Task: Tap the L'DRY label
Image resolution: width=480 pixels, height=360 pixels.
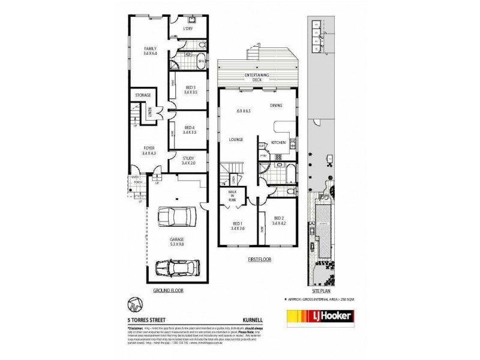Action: [188, 28]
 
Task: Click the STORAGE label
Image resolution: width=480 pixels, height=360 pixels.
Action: [142, 95]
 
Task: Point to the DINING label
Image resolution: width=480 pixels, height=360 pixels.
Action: [276, 105]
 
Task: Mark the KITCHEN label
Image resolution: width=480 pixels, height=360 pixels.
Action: [278, 142]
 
